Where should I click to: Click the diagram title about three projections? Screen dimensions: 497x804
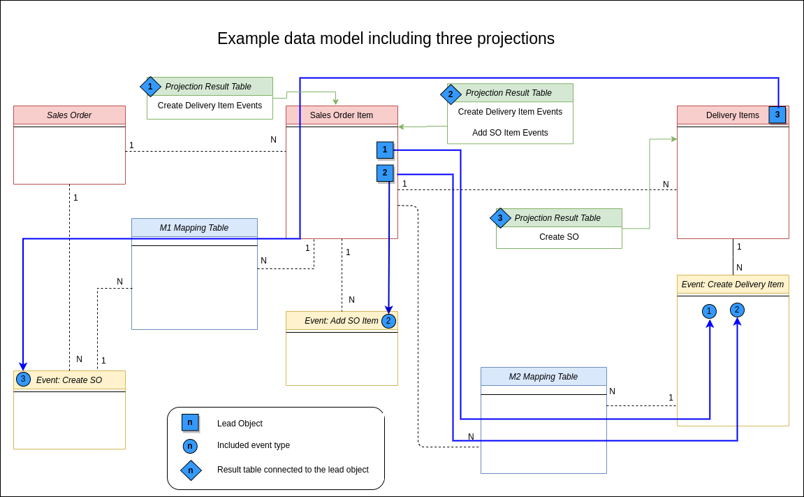(x=386, y=38)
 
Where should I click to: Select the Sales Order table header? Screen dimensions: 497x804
(x=69, y=115)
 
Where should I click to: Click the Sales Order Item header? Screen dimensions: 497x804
(x=342, y=115)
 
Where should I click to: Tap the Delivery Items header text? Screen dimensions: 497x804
(x=732, y=115)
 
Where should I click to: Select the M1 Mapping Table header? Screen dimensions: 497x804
(x=194, y=228)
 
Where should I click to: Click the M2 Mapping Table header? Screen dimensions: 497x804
(x=543, y=377)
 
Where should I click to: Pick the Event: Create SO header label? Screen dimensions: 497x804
(x=69, y=380)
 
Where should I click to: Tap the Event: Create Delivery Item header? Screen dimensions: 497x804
(x=733, y=284)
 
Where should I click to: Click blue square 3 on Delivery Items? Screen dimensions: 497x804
(x=777, y=115)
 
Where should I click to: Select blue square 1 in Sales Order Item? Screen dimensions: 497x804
(x=385, y=150)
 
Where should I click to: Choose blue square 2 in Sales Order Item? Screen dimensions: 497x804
(x=385, y=173)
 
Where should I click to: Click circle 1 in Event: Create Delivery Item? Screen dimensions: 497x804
(x=709, y=311)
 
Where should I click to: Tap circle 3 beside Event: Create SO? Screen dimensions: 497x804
(x=23, y=379)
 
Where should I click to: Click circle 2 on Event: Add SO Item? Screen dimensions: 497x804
(x=388, y=321)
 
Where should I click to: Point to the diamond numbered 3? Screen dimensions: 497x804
(x=500, y=218)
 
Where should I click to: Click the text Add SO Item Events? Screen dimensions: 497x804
(x=510, y=133)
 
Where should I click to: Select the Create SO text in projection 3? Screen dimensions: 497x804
(x=559, y=237)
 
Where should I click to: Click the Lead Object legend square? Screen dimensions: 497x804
(x=190, y=422)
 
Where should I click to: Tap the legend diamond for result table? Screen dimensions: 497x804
(x=191, y=470)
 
